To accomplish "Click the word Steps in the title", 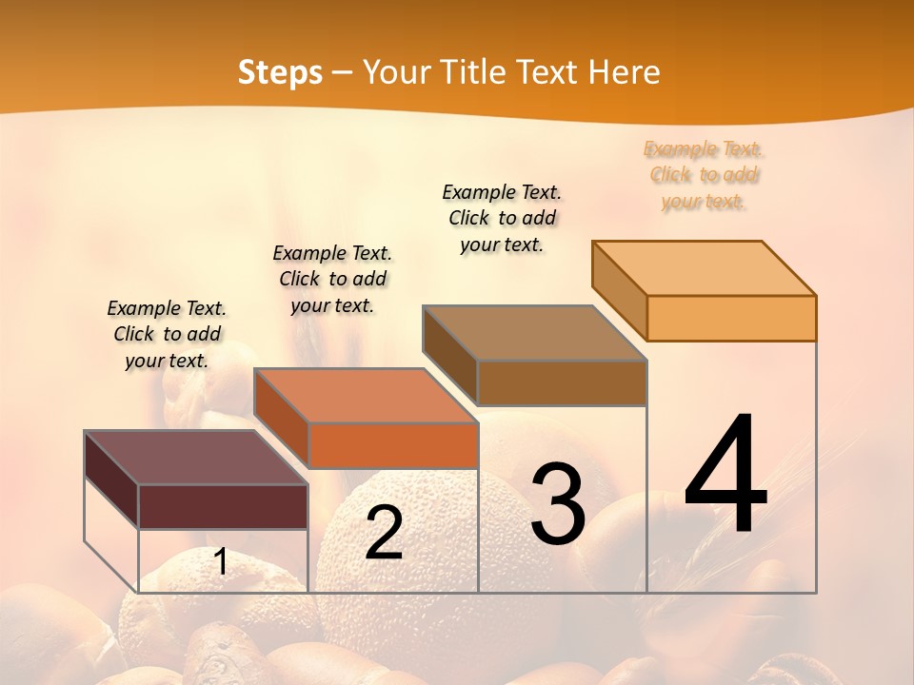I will click(x=280, y=72).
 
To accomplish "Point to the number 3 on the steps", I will click(x=558, y=504).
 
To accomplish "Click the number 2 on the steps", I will click(x=384, y=532).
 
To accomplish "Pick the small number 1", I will click(x=221, y=561).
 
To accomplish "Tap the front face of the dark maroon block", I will click(x=224, y=506).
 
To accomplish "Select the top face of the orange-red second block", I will click(x=365, y=395).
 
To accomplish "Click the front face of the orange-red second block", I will click(x=393, y=445).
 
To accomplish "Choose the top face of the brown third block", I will click(x=534, y=332).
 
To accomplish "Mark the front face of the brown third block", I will click(x=562, y=382).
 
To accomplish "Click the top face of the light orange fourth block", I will click(x=704, y=267).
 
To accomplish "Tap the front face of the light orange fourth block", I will click(x=731, y=318).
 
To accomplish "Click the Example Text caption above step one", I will click(x=167, y=334).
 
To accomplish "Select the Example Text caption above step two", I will click(x=332, y=279).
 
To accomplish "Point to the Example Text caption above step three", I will click(x=502, y=218).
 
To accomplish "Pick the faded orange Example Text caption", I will click(x=704, y=175).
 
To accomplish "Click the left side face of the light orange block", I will click(x=620, y=290).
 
